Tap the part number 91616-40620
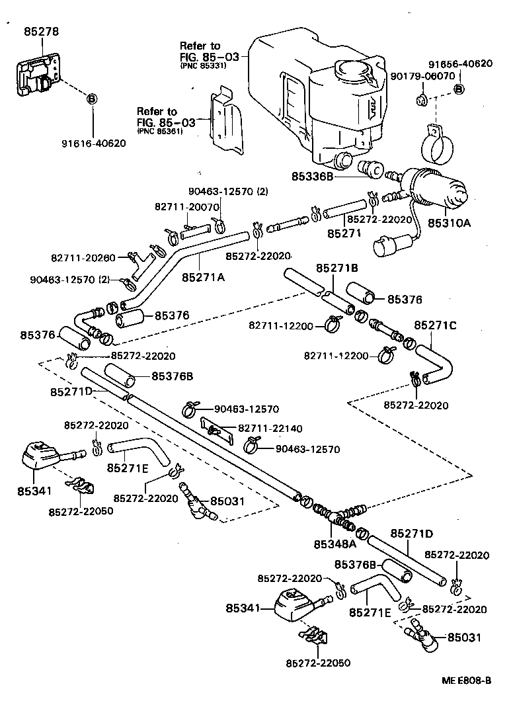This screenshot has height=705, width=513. [93, 142]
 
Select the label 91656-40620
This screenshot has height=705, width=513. [459, 64]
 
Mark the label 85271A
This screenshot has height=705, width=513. [203, 278]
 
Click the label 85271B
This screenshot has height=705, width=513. [336, 268]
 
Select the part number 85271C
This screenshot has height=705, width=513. [436, 325]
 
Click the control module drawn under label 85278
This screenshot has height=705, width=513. [41, 79]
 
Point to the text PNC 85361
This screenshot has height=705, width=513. [159, 132]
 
